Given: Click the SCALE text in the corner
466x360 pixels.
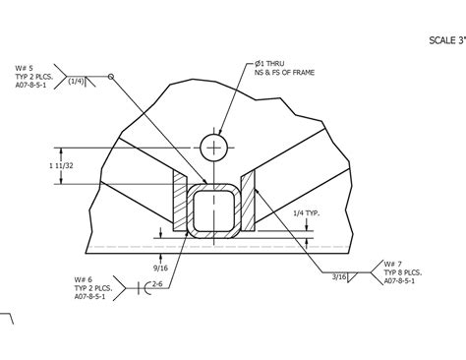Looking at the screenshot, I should (x=445, y=40).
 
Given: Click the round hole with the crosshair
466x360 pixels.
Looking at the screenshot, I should (x=212, y=147).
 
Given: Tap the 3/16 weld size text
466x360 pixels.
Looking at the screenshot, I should (x=339, y=276).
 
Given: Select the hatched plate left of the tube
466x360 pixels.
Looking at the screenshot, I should (x=181, y=201).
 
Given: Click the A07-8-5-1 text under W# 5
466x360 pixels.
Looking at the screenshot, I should (x=36, y=85).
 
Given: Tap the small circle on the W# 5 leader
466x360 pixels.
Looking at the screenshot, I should (x=111, y=76).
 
